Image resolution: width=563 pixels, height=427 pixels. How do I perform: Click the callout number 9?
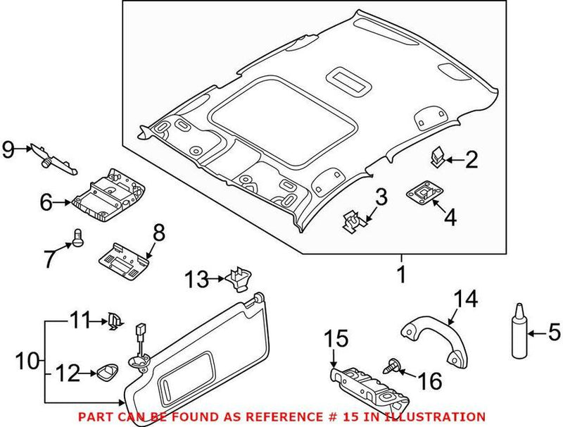pos(8,149)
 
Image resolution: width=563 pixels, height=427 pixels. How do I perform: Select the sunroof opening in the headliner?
pos(254,119)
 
